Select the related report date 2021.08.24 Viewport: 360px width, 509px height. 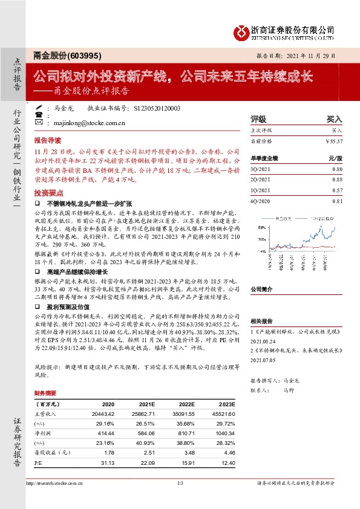262,340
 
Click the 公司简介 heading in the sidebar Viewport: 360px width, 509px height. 262,290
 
